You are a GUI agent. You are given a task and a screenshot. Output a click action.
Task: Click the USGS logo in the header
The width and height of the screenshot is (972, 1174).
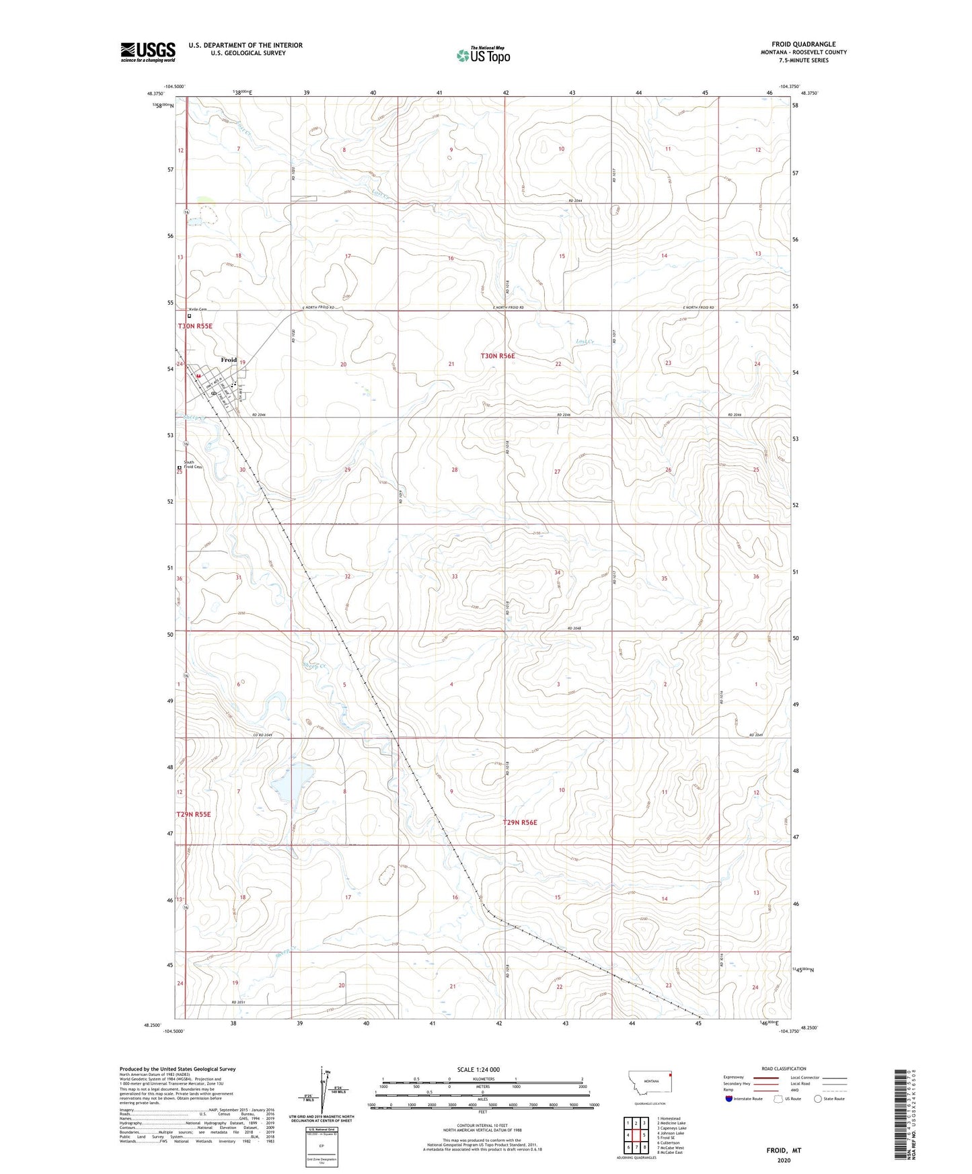tap(148, 52)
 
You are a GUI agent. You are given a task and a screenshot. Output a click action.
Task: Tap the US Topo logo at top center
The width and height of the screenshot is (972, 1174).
tap(483, 55)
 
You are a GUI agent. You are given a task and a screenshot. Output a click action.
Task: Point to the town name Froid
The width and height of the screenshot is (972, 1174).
tap(229, 360)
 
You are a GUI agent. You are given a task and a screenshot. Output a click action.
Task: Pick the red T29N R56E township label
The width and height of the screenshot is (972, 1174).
tap(520, 822)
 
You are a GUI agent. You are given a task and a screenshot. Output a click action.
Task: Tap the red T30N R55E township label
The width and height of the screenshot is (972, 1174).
tap(195, 326)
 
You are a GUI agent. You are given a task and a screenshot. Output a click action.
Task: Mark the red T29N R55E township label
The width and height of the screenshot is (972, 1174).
tap(194, 814)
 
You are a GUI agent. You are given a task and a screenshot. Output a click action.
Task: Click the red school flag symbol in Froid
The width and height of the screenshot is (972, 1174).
tap(198, 375)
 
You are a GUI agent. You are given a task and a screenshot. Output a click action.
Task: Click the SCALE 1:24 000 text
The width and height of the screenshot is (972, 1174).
tap(478, 1069)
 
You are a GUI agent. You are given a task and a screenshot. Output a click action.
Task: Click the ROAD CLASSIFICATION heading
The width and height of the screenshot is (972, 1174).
tap(784, 1068)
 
